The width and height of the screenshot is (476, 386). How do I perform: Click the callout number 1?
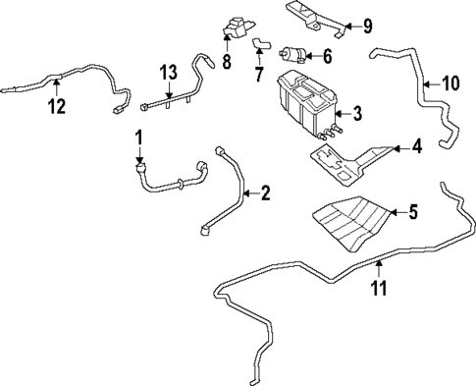pyautogui.click(x=139, y=136)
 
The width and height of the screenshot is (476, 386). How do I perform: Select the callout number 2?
pyautogui.click(x=264, y=194)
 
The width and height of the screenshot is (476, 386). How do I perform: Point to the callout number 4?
pyautogui.click(x=416, y=149)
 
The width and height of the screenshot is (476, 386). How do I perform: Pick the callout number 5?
pyautogui.click(x=412, y=210)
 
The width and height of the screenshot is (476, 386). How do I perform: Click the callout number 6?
pyautogui.click(x=327, y=56)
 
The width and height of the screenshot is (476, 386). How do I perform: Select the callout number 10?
pyautogui.click(x=450, y=83)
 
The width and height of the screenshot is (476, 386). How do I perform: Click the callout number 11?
pyautogui.click(x=378, y=288)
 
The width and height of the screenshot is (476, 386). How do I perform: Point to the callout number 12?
pyautogui.click(x=58, y=104)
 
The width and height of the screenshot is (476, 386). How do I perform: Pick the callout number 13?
pyautogui.click(x=169, y=74)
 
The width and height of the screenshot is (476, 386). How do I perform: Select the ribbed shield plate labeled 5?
pyautogui.click(x=347, y=225)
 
